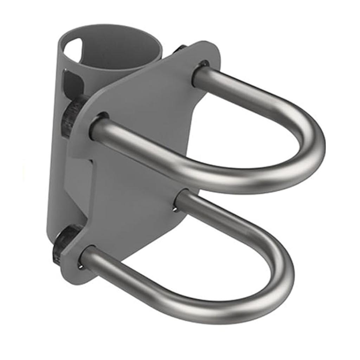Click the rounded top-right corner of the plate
(x=214, y=47)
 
